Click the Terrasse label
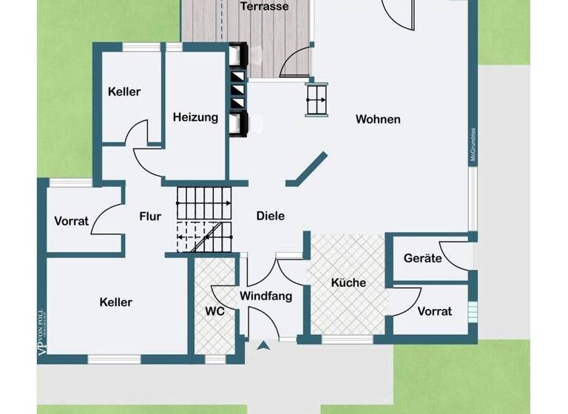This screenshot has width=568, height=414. [265, 6]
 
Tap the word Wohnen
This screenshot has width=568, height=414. [378, 119]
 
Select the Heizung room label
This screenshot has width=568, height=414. [195, 117]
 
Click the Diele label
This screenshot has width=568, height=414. [271, 216]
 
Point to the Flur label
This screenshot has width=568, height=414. [150, 217]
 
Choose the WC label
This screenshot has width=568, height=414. [214, 311]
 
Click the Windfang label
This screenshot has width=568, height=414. [266, 296]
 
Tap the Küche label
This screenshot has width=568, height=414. [348, 282]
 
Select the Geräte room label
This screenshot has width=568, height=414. [423, 258]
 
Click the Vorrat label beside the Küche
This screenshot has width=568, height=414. [434, 311]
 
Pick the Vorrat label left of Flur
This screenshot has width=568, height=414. [71, 221]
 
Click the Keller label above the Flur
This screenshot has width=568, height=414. [124, 92]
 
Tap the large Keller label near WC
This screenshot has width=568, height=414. [116, 302]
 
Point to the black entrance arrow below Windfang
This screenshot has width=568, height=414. [262, 345]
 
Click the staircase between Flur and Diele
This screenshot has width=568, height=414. [205, 219]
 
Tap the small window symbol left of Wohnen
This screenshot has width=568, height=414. [316, 99]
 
